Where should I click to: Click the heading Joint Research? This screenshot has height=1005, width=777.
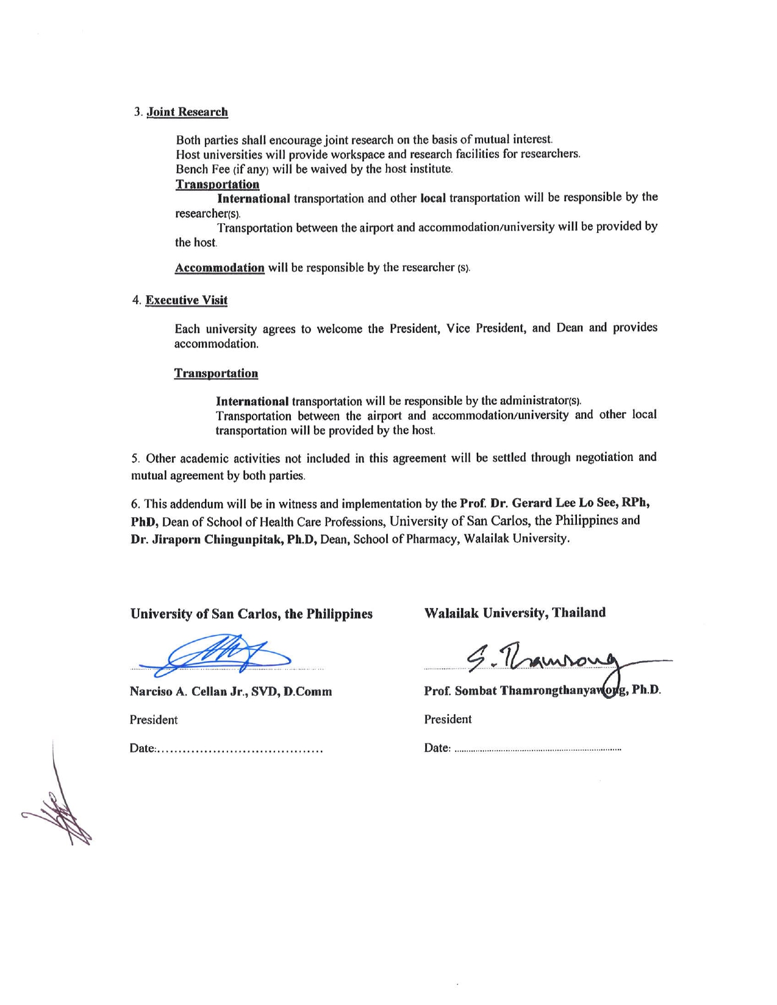tap(187, 112)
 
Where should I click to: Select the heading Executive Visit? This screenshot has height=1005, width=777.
tap(186, 300)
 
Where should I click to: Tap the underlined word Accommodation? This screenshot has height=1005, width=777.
tap(220, 268)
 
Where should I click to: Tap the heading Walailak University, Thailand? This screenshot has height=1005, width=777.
tap(515, 612)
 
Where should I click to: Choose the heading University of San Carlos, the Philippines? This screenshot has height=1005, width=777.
tap(251, 613)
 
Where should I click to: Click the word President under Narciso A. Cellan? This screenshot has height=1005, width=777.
tap(154, 720)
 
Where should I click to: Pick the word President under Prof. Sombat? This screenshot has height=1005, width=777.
tap(448, 719)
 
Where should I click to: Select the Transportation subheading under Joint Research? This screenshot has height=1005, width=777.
tap(217, 184)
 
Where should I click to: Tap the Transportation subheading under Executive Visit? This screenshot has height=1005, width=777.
tap(216, 373)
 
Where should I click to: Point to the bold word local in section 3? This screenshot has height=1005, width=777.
tap(433, 198)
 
